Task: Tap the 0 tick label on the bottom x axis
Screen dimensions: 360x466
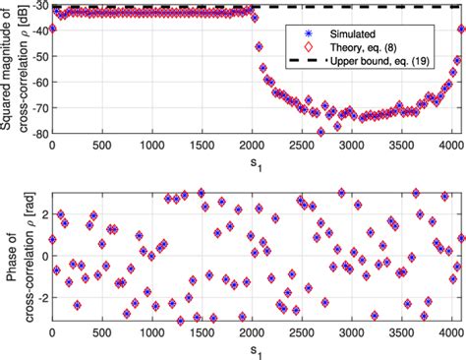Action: [51, 335]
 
